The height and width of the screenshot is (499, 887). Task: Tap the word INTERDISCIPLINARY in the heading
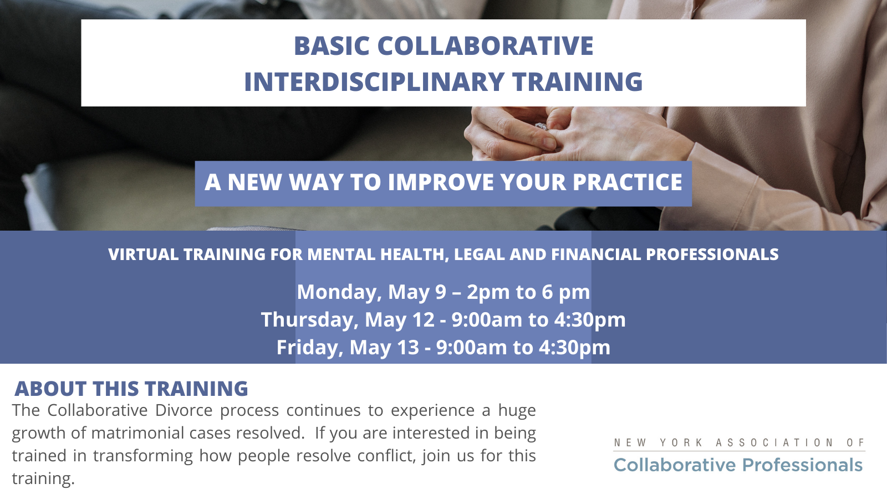pyautogui.click(x=374, y=82)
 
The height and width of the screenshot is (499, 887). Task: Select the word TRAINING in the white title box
pyautogui.click(x=577, y=82)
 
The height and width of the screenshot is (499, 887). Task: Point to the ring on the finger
pyautogui.click(x=541, y=127)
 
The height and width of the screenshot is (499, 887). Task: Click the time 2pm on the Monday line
pyautogui.click(x=488, y=293)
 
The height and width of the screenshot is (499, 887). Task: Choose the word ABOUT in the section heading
pyautogui.click(x=50, y=389)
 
